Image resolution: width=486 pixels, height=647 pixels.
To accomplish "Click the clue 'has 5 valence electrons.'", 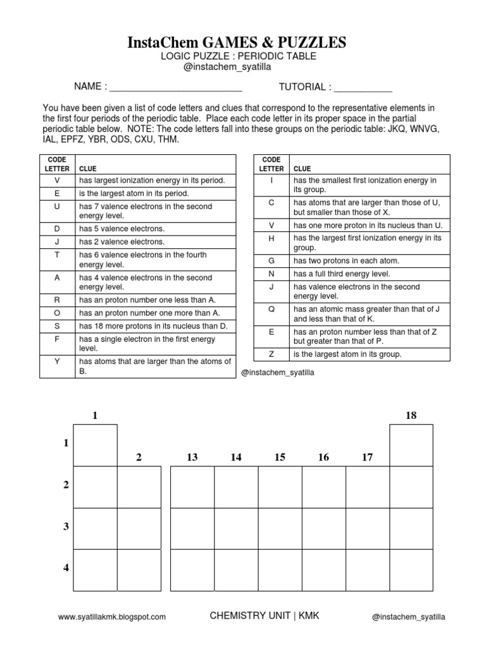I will tap(121, 229).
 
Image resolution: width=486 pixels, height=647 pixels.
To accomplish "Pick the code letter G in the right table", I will tap(271, 260).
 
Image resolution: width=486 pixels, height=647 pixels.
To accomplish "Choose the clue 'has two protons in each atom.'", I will tap(346, 260).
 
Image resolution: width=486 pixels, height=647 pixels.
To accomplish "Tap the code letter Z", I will tap(271, 354).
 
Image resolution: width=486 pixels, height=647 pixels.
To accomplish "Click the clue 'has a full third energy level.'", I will tap(341, 274).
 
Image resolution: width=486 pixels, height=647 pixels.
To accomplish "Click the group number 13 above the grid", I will tap(192, 457).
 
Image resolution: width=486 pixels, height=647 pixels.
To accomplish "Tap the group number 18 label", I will tap(411, 415).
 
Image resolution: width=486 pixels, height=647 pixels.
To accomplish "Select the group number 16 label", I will tap(323, 457).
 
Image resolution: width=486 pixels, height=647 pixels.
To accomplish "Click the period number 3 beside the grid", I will tap(66, 527).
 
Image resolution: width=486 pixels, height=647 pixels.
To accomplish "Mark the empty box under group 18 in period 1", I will tap(411, 445).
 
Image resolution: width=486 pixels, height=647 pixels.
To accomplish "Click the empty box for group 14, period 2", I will tap(236, 487).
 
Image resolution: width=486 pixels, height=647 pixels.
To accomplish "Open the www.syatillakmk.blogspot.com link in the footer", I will tap(111, 617).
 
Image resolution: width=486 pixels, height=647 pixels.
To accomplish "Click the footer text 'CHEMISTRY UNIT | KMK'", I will tap(265, 616).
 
